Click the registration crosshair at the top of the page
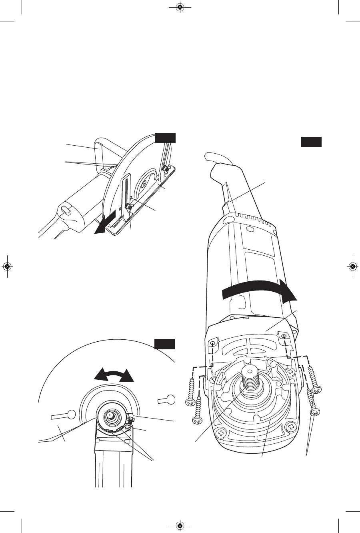pyautogui.click(x=180, y=7)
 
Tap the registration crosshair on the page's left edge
pyautogui.click(x=7, y=266)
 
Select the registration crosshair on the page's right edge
pyautogui.click(x=352, y=266)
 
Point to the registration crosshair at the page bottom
pyautogui.click(x=180, y=525)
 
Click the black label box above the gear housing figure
pyautogui.click(x=311, y=142)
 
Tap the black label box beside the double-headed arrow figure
pyautogui.click(x=165, y=344)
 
